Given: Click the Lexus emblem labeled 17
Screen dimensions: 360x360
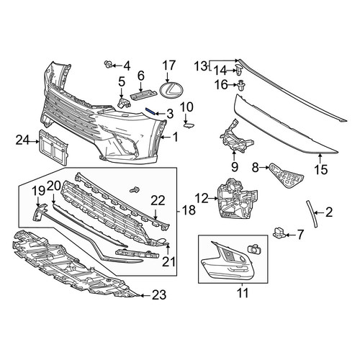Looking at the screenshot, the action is (169, 91).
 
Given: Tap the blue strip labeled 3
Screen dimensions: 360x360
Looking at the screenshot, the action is (150, 111).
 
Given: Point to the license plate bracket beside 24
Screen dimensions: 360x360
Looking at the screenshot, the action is (53, 147).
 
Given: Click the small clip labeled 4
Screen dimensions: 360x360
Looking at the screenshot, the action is (109, 64).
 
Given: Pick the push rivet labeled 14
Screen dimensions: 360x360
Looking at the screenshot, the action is (239, 70).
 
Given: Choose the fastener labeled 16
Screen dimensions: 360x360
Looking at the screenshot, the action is (240, 85).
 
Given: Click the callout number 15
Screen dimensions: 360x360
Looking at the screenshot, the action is (321, 169).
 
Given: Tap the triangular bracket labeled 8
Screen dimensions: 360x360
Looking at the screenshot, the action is (287, 176).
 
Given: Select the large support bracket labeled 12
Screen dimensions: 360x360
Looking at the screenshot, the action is (237, 199).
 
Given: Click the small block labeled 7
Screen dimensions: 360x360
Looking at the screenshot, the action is (279, 232).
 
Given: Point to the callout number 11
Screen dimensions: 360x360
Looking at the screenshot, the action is (243, 292).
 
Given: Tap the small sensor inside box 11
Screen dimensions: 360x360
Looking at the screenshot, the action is (253, 249).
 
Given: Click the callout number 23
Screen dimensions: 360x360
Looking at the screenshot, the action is (159, 294).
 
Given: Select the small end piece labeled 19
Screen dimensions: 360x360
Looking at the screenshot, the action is (40, 212).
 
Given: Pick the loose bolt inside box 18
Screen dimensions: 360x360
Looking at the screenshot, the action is (134, 189).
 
